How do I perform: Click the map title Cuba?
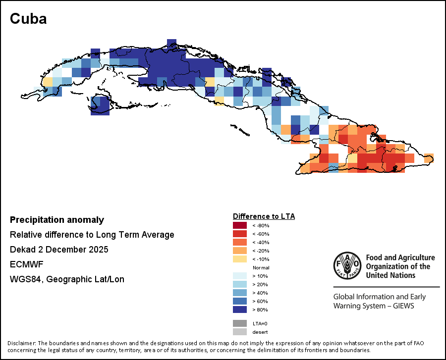click(28, 19)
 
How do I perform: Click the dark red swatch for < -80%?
click(240, 225)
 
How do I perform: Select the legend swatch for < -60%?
click(240, 234)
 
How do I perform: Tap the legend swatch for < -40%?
click(240, 242)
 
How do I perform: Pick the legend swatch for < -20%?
click(240, 251)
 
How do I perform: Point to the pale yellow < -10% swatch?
click(240, 259)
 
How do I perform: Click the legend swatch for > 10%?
click(240, 276)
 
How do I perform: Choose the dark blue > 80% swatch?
click(240, 309)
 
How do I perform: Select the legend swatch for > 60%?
click(240, 301)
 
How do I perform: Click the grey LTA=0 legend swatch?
click(240, 323)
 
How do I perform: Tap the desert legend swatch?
click(240, 332)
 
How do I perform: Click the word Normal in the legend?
click(261, 267)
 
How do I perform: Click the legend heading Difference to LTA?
click(264, 216)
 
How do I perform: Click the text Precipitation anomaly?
click(57, 220)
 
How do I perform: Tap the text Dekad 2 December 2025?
click(59, 250)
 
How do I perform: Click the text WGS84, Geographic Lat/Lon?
click(67, 279)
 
